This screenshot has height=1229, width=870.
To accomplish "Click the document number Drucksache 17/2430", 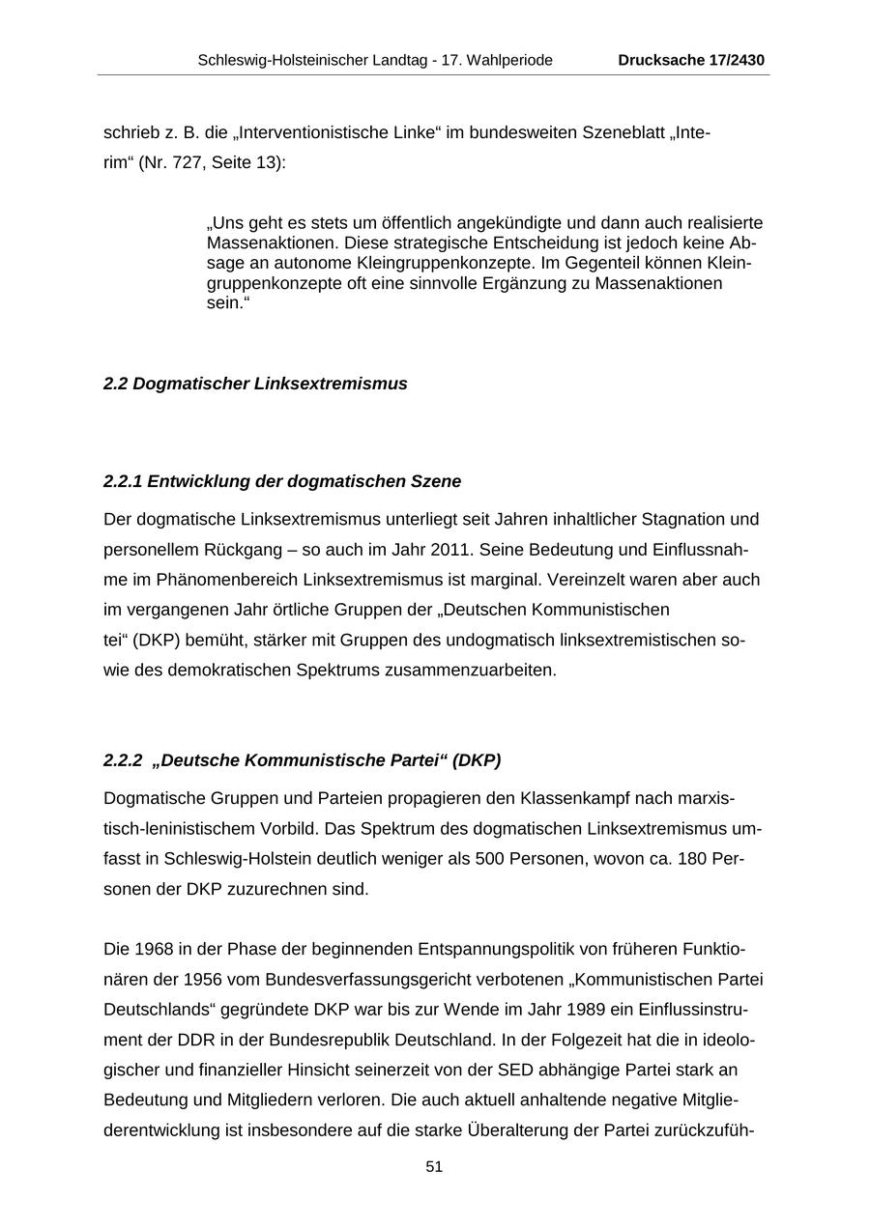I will coord(691,60).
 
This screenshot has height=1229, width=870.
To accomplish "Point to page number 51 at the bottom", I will coord(434,1167).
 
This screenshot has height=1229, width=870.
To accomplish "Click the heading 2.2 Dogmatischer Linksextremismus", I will coord(255,384).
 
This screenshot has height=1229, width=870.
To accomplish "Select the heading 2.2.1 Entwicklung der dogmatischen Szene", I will coord(282,481).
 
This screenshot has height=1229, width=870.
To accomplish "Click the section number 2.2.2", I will coord(123,760).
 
